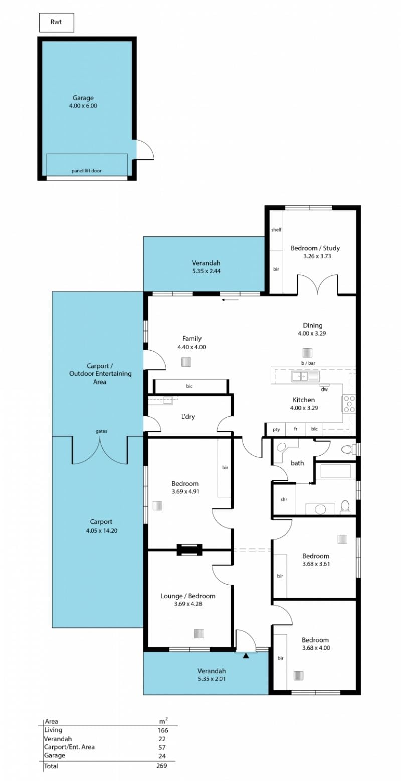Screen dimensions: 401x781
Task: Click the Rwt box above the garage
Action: coord(56,23)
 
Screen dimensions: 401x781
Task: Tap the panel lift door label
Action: coord(86,171)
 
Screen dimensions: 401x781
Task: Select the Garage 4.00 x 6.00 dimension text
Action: coord(83,106)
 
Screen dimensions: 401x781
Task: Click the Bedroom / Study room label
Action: coord(315,248)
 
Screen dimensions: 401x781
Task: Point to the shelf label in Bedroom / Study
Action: coord(276,230)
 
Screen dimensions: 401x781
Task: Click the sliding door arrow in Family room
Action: coord(230,299)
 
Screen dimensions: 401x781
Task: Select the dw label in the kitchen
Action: coord(324,389)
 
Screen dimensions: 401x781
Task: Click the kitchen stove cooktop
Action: coord(349,404)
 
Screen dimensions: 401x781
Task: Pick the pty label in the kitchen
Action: coord(276,429)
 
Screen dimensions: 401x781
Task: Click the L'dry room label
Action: coord(188,417)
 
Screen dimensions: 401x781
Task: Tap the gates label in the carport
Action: coord(101,431)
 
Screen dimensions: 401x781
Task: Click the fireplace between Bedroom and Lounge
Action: coord(189,550)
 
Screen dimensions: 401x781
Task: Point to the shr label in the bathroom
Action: coord(284,499)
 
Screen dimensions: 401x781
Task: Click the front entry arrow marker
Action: coord(246,656)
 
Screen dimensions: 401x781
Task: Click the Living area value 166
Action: coord(162,730)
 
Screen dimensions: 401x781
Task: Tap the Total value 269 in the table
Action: coord(162,766)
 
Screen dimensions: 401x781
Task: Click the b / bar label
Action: coord(308,363)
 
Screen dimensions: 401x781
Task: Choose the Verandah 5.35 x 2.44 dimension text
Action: coord(206,271)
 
